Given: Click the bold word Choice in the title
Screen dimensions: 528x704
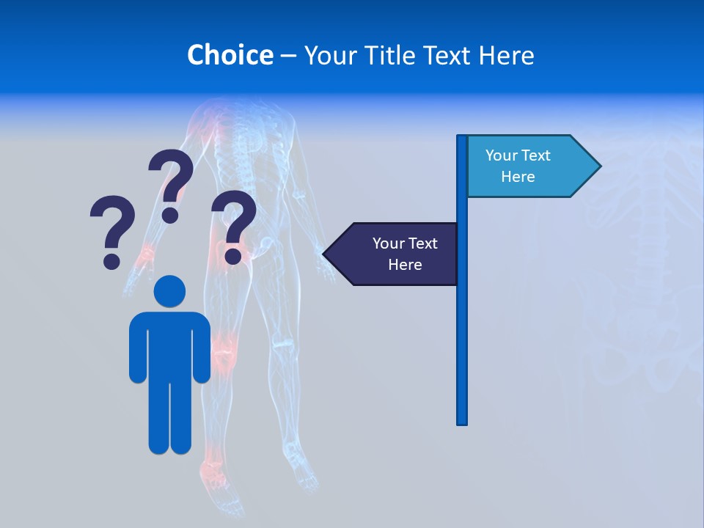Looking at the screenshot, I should point(230,55).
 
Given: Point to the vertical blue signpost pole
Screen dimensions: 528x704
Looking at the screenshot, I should point(461,330).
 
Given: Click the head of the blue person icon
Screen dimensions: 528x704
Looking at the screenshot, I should point(169,292).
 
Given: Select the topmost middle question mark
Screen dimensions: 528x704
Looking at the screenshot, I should point(172,183).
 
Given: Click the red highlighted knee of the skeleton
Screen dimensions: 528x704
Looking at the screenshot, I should point(225,351).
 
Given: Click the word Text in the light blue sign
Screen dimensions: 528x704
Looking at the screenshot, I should point(536,155).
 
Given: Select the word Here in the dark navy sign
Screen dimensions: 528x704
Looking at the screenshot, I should point(405,265).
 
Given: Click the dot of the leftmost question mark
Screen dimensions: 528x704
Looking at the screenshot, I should point(111,260).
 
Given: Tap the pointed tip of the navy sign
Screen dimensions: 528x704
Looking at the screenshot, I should point(326,254).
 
